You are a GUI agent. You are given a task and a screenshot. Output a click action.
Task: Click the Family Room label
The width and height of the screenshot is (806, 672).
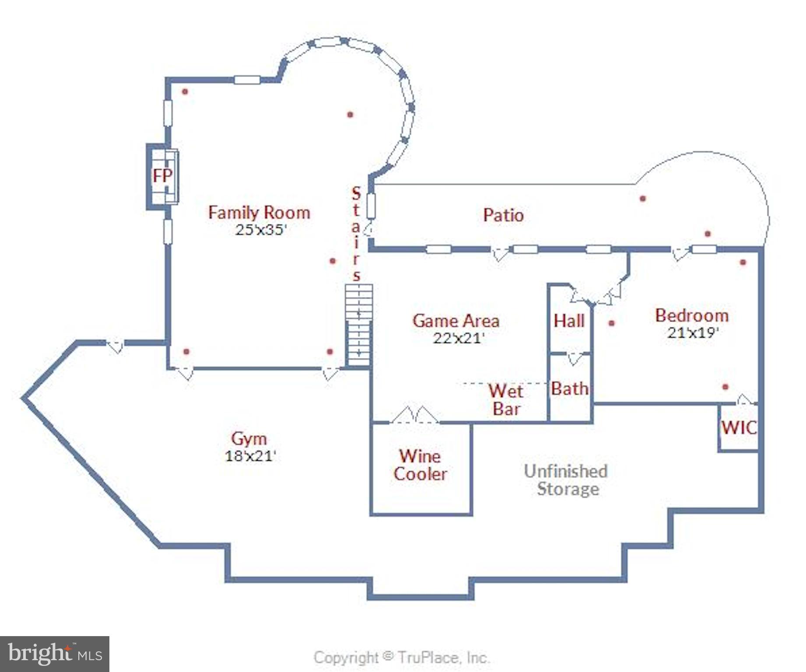[259, 213]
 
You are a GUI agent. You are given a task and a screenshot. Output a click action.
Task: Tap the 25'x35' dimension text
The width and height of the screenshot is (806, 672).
[261, 230]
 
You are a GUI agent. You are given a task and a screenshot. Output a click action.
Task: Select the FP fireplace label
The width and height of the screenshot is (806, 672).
[162, 176]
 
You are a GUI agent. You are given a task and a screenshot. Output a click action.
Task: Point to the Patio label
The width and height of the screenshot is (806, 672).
[503, 215]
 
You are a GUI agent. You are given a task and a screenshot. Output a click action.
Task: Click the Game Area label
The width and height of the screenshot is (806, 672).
[456, 321]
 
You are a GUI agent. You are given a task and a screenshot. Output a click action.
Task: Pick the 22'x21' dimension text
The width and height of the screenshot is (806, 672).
[459, 338]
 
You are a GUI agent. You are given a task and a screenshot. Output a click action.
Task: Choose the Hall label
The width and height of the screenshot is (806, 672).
[569, 321]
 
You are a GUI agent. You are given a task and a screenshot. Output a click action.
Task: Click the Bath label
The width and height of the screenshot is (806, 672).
[570, 388]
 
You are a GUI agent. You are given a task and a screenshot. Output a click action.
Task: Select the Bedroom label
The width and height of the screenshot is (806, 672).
[692, 315]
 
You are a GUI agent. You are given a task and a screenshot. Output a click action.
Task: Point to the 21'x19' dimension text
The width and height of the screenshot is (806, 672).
[693, 332]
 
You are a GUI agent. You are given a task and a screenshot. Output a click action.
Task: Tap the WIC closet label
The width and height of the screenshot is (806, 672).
[739, 427]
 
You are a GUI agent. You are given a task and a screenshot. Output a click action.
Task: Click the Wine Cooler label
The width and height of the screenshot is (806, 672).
[420, 465]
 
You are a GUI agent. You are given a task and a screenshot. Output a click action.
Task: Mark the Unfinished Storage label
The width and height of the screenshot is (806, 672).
[566, 480]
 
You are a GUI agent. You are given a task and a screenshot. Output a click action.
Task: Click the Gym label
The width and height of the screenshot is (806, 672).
[249, 438]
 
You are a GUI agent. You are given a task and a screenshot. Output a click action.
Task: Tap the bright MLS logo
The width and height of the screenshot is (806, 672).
[55, 654]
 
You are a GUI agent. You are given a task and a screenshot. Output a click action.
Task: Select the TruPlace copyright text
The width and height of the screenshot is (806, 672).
[401, 658]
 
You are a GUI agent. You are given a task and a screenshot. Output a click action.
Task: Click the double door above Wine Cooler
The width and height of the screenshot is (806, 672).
[414, 416]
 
